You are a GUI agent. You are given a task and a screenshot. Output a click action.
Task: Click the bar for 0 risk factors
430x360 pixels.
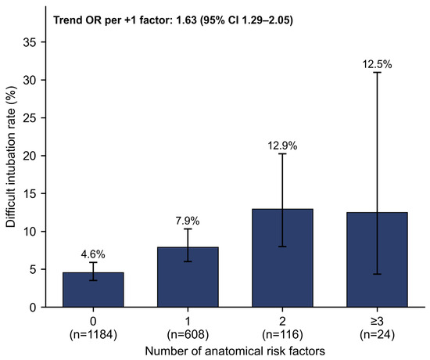tap(93, 290)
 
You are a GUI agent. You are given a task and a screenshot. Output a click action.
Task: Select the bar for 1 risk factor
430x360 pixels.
tap(188, 277)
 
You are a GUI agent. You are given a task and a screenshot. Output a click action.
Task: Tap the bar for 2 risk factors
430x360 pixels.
tap(282, 258)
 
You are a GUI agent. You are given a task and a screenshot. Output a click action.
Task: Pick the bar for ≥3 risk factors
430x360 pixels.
tap(377, 260)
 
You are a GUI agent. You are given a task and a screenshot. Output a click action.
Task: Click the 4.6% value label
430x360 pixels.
tap(93, 254)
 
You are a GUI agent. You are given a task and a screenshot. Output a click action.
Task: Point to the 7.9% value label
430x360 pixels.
tap(188, 221)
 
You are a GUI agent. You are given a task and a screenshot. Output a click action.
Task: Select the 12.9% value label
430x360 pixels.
tap(282, 146)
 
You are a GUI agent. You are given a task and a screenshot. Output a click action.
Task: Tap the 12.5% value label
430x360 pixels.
tap(377, 64)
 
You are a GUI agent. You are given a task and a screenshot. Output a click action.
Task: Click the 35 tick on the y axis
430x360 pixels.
tap(32, 42)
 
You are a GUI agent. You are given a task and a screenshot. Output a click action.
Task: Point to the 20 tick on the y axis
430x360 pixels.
tap(32, 156)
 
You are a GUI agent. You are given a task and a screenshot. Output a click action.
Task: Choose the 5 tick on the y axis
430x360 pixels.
tap(36, 269)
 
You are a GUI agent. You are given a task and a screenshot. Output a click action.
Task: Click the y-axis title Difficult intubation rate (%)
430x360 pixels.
tap(11, 157)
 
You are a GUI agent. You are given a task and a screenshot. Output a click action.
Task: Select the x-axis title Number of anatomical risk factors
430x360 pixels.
tap(235, 351)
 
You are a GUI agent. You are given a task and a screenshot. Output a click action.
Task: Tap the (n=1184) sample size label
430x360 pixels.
tap(93, 335)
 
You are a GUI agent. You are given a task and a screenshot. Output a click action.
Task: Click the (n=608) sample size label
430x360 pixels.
tap(188, 335)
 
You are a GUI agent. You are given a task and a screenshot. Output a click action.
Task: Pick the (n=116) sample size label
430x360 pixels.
tap(282, 335)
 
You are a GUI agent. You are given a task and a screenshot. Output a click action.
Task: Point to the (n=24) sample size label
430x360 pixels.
tap(377, 335)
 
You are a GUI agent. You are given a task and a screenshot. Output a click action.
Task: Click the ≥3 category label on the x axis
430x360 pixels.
tap(377, 322)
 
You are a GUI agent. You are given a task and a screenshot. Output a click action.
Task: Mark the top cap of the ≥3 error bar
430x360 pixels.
tap(377, 72)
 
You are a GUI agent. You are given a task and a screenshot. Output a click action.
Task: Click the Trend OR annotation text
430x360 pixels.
tap(173, 20)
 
